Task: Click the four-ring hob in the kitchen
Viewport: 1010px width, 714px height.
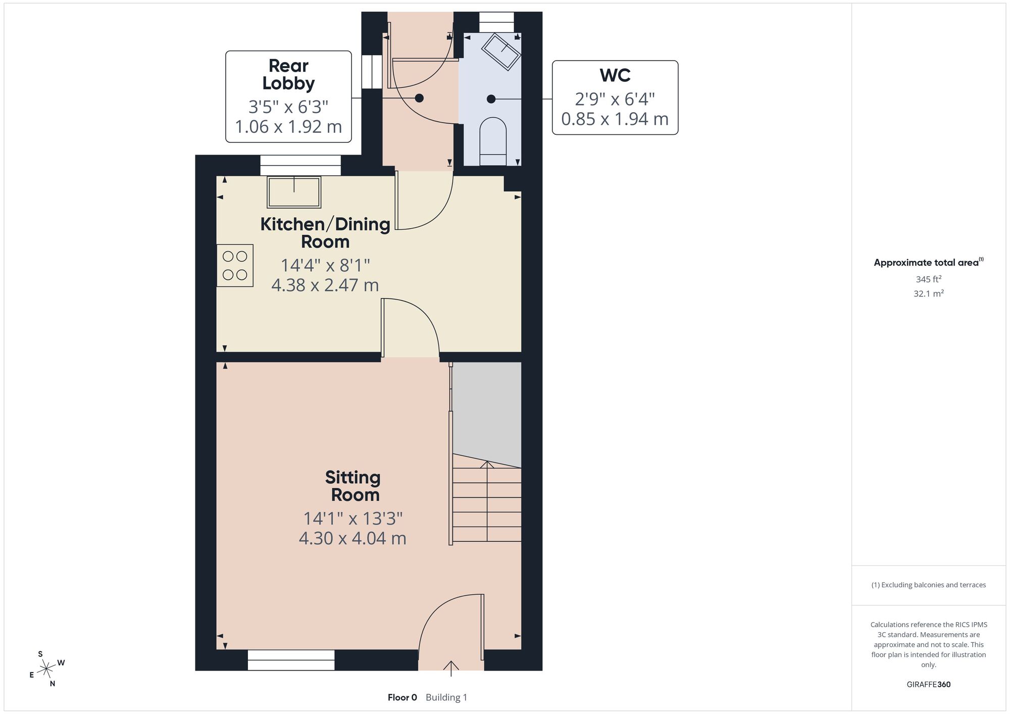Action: point(235,266)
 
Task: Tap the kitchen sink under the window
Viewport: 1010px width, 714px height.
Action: point(294,192)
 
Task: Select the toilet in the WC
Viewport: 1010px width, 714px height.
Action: point(492,141)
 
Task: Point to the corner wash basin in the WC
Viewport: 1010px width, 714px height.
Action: point(501,52)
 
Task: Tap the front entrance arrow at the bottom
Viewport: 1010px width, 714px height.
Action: point(451,668)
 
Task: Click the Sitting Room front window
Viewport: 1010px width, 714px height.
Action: point(291,660)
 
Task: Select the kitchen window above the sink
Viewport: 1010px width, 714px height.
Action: point(300,165)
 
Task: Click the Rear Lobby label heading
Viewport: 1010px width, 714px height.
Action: point(288,74)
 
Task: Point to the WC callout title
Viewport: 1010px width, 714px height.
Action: point(615,75)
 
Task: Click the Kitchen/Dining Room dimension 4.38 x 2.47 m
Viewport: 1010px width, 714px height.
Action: point(325,285)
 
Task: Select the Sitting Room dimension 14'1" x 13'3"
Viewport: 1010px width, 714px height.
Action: point(353,519)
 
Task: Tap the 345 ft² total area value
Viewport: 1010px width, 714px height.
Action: point(929,279)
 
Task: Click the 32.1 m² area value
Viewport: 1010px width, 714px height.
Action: point(929,293)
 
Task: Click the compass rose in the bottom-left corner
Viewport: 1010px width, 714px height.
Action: point(46,669)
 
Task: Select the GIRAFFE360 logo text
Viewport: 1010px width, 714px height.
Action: point(929,685)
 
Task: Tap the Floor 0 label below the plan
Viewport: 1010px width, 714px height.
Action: point(402,697)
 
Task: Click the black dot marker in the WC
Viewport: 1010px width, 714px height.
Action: point(491,99)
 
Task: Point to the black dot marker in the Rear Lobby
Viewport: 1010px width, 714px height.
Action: point(419,98)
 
